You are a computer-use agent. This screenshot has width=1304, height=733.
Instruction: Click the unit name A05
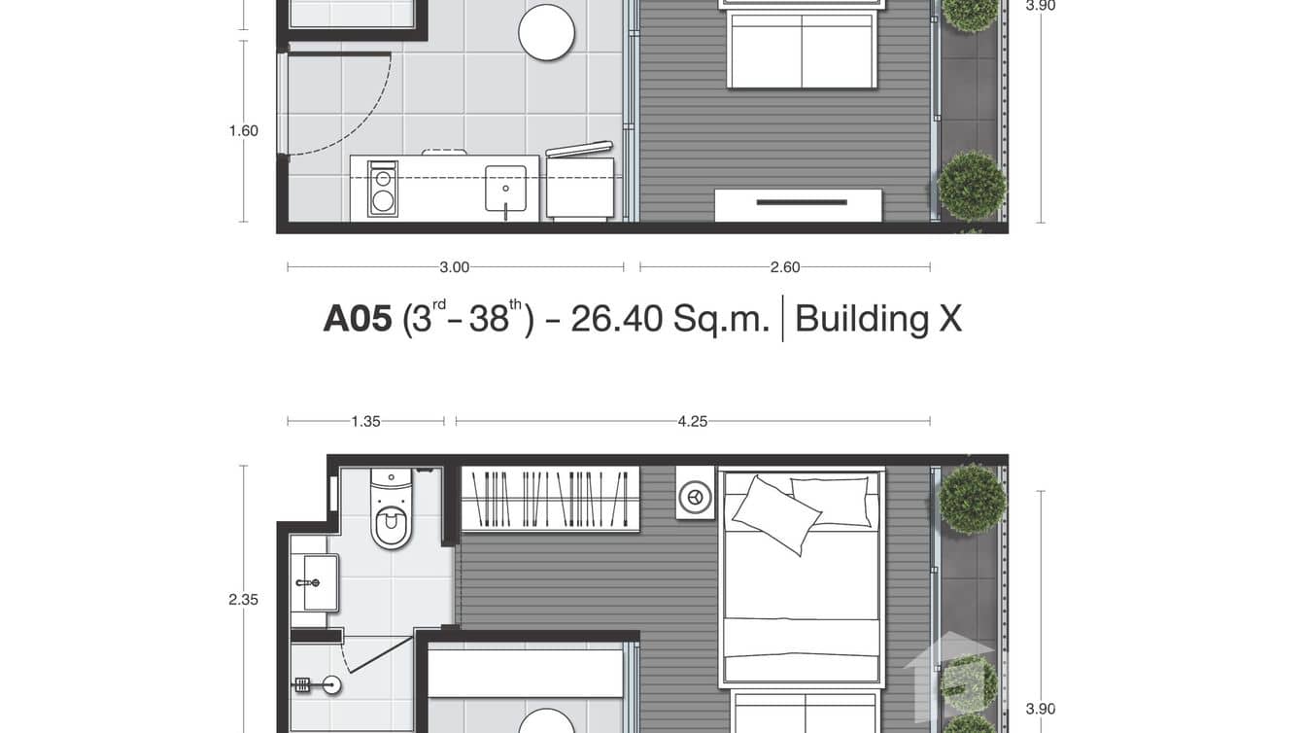point(357,319)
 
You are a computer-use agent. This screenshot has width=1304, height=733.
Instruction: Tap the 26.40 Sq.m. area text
point(669,319)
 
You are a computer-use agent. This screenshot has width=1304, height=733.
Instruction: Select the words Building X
point(877,319)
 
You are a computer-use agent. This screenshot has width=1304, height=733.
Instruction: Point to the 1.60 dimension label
point(244,131)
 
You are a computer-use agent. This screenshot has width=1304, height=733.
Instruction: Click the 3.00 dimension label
point(454,267)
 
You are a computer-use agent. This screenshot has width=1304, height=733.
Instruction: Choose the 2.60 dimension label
point(784,267)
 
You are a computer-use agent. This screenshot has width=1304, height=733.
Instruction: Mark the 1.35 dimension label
point(365,421)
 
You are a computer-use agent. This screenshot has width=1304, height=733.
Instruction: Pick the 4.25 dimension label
point(692,421)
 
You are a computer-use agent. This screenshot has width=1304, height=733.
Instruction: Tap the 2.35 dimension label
point(244,600)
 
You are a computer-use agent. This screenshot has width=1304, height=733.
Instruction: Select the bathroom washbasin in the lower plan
point(317,582)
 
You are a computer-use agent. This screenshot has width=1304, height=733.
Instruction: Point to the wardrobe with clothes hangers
point(549,499)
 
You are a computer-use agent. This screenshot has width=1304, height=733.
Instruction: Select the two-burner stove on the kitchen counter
point(383,189)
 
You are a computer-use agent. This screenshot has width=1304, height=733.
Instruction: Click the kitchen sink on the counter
point(505,188)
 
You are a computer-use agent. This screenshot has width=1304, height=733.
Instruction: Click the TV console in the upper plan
point(799,204)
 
